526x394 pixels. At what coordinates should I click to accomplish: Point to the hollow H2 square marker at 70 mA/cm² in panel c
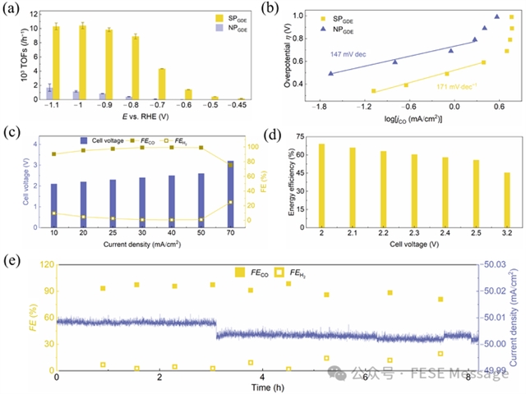click(230, 202)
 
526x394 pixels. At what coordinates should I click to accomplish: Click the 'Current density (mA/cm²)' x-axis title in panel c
click(142, 244)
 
